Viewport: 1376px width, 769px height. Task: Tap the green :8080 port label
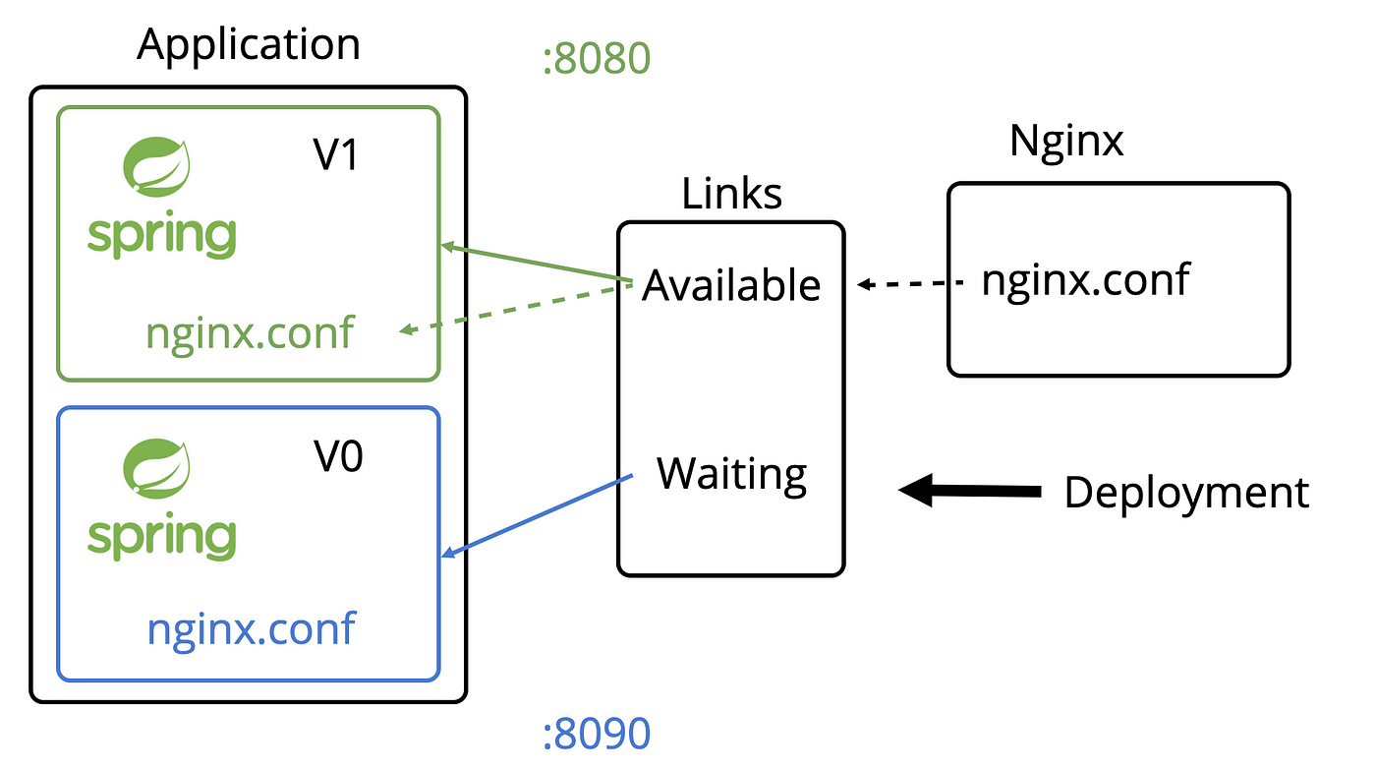(597, 58)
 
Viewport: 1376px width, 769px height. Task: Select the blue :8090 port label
(597, 734)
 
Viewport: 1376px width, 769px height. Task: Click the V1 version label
(335, 154)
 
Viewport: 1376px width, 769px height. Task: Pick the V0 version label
(338, 456)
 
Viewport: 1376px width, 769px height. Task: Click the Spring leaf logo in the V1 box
(156, 166)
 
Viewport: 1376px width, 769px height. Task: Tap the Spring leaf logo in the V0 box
(156, 468)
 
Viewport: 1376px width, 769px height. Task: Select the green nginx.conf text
(250, 333)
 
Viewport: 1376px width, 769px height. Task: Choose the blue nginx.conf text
(252, 629)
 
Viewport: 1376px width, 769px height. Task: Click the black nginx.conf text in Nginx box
(1085, 281)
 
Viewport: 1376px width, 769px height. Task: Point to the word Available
(731, 286)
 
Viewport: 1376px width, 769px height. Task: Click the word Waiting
(731, 475)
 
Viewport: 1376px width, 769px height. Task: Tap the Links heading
(731, 194)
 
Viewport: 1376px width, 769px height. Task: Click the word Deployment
(1187, 494)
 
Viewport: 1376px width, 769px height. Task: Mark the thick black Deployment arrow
(970, 491)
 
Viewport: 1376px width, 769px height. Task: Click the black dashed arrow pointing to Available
(910, 283)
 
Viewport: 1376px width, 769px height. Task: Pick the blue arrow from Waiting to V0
(537, 515)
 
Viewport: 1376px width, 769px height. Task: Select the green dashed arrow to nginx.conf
(516, 309)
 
